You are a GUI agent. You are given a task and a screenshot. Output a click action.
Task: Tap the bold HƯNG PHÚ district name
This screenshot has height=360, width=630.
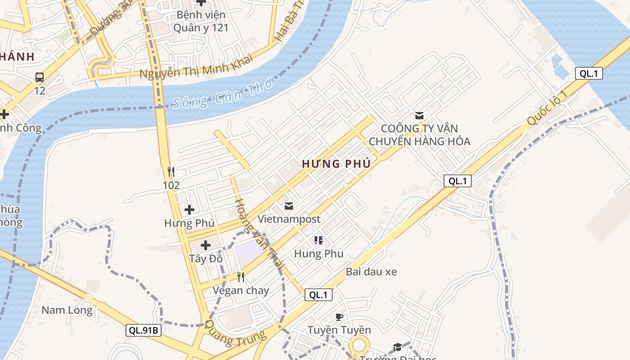click(336, 164)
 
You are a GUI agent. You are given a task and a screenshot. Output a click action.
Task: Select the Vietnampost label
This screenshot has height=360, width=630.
click(289, 219)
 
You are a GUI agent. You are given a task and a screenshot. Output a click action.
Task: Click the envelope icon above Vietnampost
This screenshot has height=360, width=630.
click(289, 206)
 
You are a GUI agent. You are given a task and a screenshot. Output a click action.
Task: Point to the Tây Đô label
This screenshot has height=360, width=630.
click(206, 259)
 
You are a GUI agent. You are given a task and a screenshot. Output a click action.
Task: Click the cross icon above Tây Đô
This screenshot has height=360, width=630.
click(206, 245)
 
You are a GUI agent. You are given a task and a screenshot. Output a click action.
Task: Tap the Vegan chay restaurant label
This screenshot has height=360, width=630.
click(241, 290)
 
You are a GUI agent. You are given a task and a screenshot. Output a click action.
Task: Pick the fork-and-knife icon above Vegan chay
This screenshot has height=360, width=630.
click(241, 277)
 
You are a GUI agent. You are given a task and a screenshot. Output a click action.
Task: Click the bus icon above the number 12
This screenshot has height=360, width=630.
click(40, 77)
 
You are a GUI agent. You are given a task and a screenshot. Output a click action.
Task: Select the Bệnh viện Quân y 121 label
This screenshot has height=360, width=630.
click(201, 21)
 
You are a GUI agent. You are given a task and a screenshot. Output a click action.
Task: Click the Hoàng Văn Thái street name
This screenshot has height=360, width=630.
click(259, 234)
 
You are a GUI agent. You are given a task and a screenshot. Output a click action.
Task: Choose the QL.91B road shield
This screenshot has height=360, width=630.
click(143, 330)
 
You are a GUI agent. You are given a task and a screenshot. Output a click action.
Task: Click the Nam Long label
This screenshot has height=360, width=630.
click(67, 310)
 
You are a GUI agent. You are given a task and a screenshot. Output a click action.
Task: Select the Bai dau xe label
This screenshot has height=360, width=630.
click(371, 272)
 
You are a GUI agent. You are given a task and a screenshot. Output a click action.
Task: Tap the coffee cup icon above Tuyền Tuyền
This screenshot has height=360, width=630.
click(339, 317)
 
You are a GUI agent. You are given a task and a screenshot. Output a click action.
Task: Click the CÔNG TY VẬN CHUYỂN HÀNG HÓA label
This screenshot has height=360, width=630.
click(419, 135)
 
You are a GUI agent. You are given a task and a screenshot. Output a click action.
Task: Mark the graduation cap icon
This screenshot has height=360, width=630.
click(397, 346)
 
